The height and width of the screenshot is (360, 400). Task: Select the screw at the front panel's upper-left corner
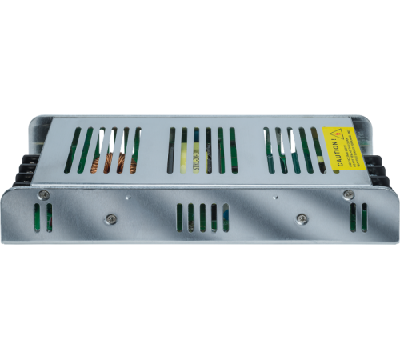[45, 194]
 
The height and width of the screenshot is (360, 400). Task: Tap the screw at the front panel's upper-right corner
[347, 194]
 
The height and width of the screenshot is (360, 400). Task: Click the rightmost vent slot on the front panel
[365, 217]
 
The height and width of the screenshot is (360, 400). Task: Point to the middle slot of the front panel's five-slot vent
[202, 217]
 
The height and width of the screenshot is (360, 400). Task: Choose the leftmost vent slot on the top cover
[70, 150]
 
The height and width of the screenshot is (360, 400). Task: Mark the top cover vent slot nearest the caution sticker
[314, 150]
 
